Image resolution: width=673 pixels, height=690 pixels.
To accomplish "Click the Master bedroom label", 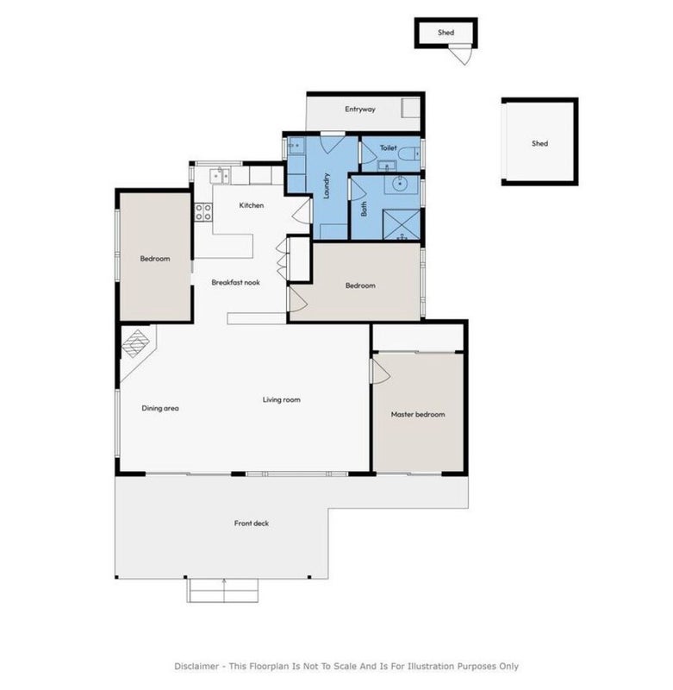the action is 418,414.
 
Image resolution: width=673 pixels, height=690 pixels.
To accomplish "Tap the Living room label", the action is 281,399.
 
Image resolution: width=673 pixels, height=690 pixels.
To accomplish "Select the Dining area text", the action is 160,408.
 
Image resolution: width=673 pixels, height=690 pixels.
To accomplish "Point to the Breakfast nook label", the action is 235,283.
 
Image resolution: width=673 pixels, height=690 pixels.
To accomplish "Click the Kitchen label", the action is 252,205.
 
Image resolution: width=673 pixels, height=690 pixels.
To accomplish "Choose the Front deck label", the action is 252,524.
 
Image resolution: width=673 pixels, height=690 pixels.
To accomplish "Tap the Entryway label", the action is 360,110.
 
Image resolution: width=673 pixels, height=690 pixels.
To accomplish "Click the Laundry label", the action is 327,185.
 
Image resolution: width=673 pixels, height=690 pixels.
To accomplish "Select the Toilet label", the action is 388,147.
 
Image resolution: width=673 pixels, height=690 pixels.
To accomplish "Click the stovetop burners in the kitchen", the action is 203,211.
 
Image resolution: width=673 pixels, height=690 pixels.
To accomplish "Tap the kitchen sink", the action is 220,176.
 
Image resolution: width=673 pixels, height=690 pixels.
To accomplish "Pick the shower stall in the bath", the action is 402,224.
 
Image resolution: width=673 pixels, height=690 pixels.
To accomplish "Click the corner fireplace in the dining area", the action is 135,343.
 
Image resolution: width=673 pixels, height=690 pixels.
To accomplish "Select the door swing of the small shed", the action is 463,54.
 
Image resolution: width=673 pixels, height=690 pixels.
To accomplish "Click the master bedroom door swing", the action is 381,371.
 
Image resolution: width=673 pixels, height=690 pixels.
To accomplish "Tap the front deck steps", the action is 223,591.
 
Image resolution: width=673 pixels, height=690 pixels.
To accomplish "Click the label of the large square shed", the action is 539,143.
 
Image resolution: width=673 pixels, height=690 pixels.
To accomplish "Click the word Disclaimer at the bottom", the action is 196,666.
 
